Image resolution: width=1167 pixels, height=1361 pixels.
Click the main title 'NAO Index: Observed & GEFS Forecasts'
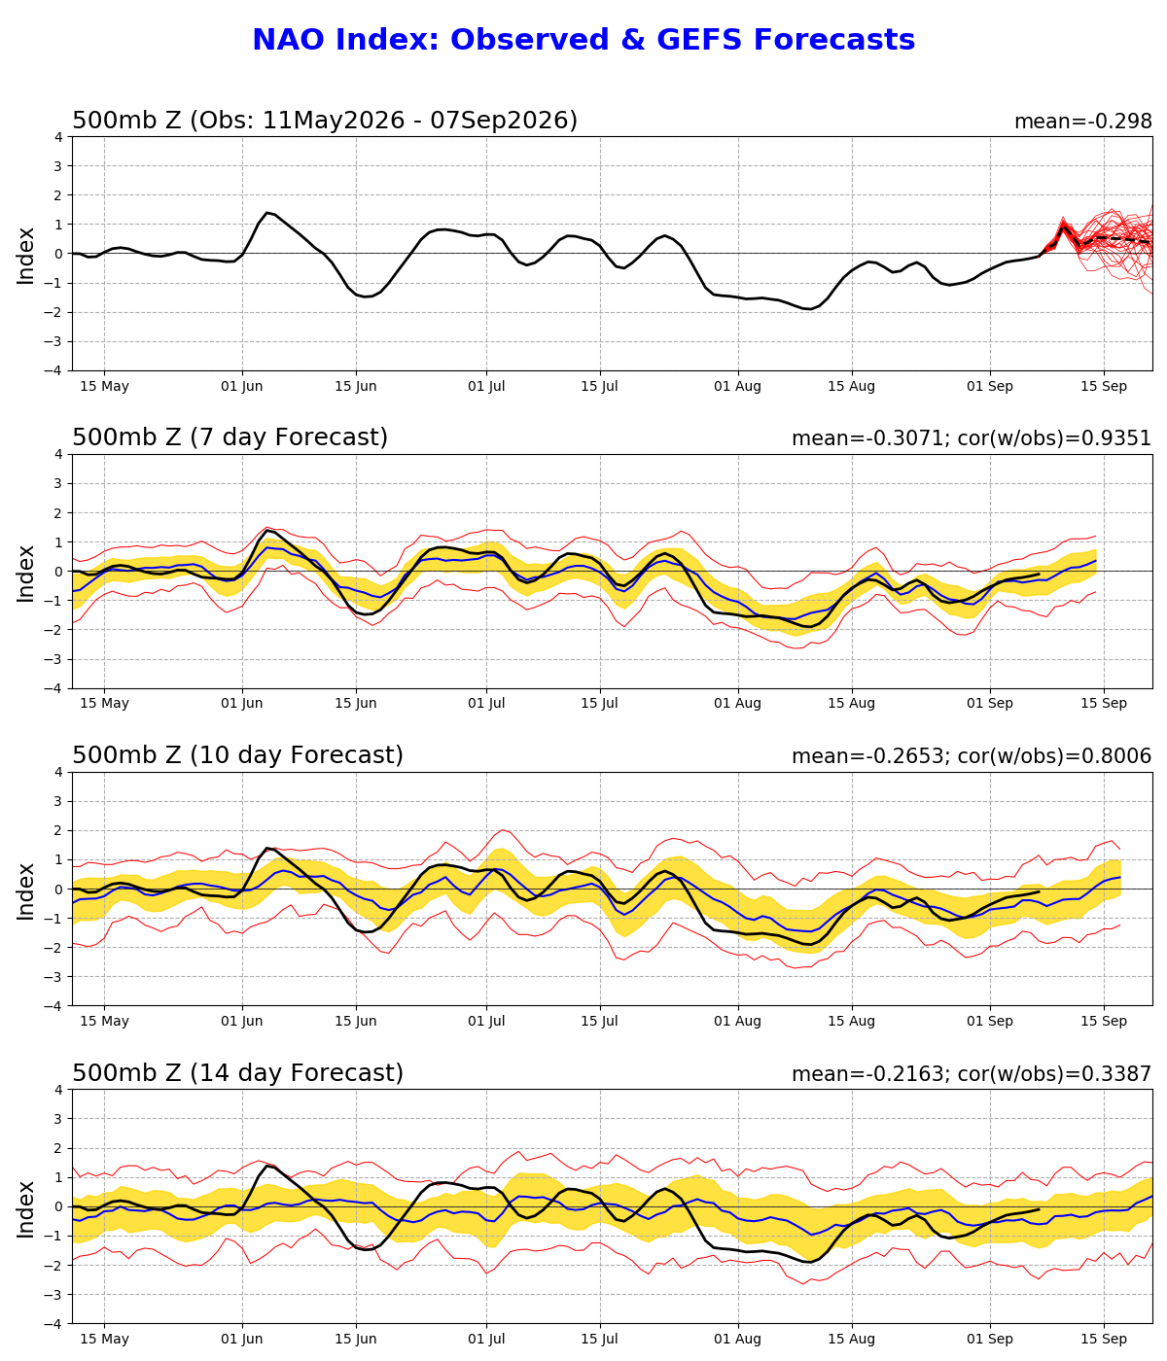(583, 40)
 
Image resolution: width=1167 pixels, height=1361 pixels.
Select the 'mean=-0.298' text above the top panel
(1082, 122)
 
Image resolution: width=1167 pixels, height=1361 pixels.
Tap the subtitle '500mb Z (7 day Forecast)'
(230, 437)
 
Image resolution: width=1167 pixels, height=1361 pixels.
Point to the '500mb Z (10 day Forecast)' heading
(237, 755)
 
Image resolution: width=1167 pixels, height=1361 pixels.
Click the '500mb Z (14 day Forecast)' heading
(237, 1073)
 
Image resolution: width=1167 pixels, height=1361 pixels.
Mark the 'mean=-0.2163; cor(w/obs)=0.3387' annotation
(972, 1074)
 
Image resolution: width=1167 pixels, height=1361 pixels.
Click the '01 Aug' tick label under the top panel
(737, 387)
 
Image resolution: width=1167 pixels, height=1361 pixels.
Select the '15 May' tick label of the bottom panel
(104, 1340)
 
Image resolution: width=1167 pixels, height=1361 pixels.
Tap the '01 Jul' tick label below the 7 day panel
(486, 703)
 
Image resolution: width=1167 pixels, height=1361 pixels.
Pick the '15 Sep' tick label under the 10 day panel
(1104, 1022)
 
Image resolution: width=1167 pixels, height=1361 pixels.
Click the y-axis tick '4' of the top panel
(59, 137)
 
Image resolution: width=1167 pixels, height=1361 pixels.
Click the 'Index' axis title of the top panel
(25, 256)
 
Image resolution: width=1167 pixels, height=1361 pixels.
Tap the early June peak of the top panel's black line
(266, 212)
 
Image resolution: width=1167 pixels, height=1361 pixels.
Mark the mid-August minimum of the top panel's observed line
(809, 309)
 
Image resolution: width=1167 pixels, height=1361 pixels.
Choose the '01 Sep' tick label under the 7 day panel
(990, 703)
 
